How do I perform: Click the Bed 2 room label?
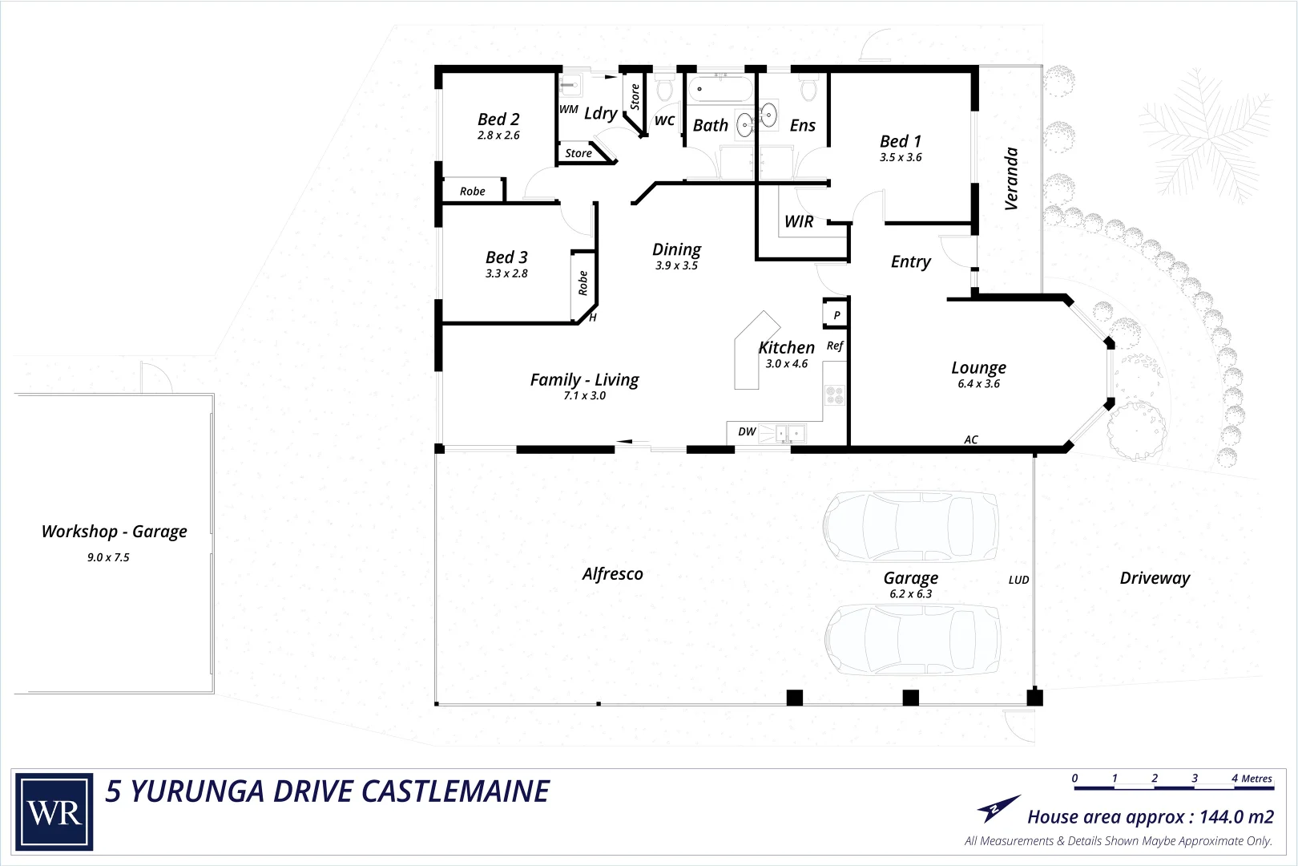point(498,119)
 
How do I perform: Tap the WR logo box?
point(54,812)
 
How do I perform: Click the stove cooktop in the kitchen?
point(834,395)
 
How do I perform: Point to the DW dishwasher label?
point(747,431)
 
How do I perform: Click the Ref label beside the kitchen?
point(834,346)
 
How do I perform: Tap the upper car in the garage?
point(910,527)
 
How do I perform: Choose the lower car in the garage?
point(912,639)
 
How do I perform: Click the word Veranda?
point(1011,178)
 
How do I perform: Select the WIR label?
point(799,222)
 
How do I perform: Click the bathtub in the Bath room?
point(719,89)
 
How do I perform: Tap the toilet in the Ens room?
point(807,87)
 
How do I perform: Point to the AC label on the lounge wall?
point(970,440)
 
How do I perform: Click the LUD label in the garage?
point(1018,580)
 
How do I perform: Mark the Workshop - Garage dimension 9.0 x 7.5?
point(108,557)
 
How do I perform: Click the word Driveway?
point(1154,578)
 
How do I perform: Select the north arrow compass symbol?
point(998,808)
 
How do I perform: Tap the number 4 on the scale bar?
point(1235,778)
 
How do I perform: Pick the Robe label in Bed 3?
point(583,282)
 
